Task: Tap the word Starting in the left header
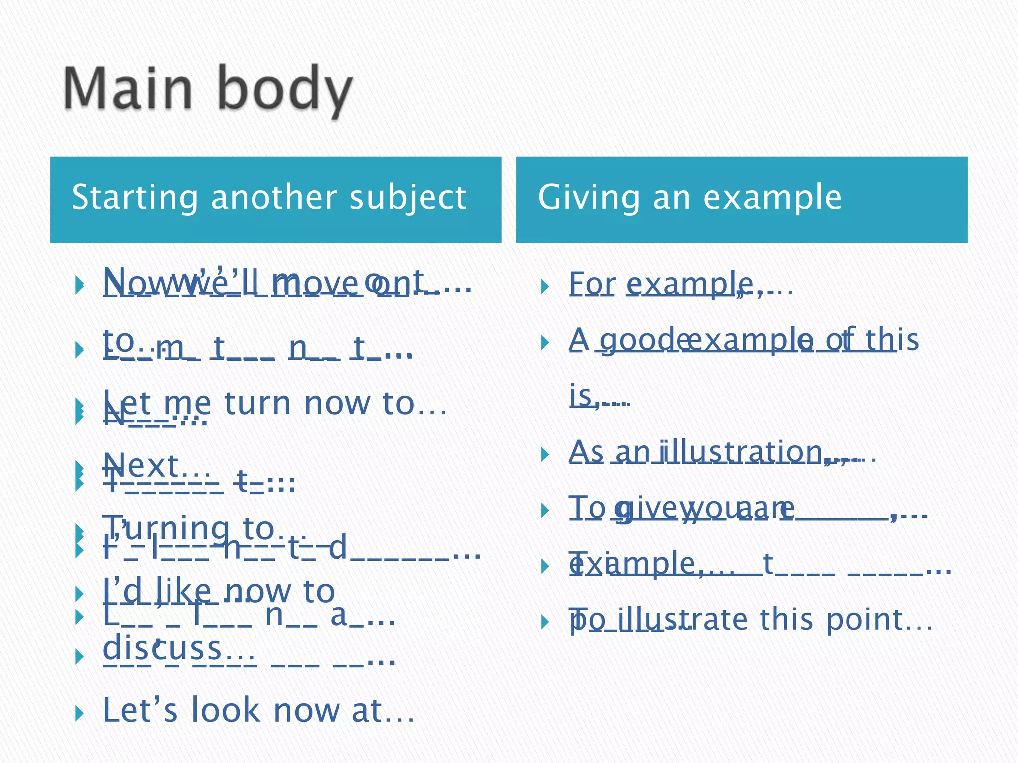pyautogui.click(x=134, y=198)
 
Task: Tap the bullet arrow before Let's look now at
pyautogui.click(x=79, y=714)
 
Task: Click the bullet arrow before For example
pyautogui.click(x=545, y=286)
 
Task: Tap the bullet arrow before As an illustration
pyautogui.click(x=545, y=454)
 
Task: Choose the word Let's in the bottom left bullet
pyautogui.click(x=140, y=710)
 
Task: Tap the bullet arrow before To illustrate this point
pyautogui.click(x=545, y=622)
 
